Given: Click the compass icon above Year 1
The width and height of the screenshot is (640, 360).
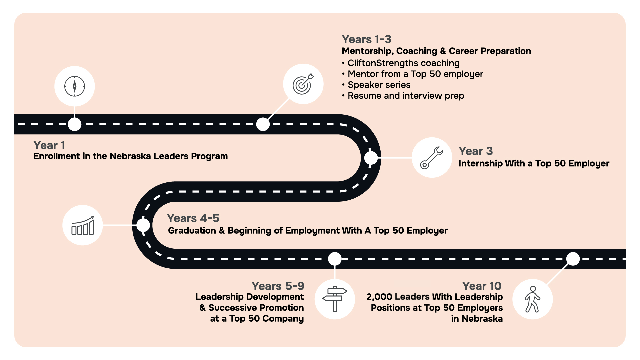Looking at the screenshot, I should [75, 86].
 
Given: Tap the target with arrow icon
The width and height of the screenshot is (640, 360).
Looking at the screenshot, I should [303, 84].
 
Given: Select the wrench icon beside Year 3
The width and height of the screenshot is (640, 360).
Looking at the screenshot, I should [432, 157].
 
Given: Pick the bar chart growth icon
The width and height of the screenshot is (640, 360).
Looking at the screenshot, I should [83, 225].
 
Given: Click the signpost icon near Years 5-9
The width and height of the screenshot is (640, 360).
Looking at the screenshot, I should [335, 299].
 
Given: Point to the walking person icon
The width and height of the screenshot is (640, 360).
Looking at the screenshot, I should [532, 299].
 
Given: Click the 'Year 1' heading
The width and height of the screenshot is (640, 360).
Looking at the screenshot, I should [49, 145].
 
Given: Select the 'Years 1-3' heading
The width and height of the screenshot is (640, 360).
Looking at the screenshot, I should [366, 39].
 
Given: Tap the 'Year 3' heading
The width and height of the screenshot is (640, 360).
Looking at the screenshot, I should [475, 151].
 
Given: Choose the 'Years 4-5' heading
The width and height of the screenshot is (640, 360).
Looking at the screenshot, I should [193, 218].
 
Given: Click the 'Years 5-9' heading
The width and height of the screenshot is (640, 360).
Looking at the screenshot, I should [278, 286].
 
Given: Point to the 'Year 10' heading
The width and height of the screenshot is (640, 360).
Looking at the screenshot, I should [481, 286].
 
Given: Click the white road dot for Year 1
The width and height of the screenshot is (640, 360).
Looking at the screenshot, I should [75, 124].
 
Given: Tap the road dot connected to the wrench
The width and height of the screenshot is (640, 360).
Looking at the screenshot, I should [371, 158].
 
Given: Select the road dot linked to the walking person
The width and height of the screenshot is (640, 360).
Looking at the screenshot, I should [573, 259].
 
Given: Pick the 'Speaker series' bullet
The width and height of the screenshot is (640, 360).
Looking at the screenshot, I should [379, 85].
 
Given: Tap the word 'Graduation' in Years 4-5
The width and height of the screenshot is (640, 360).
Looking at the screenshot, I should [192, 231].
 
